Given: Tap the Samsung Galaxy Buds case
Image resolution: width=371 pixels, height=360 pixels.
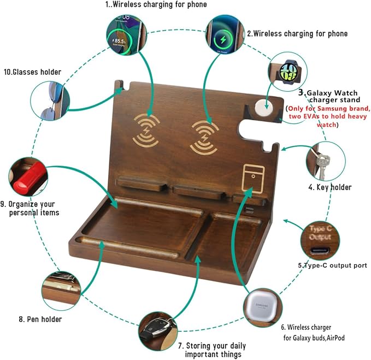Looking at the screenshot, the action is [x=262, y=306].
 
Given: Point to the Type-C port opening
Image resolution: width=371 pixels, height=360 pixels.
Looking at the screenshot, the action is [x=320, y=250].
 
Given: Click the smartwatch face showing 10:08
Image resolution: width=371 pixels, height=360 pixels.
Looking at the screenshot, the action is [x=288, y=72].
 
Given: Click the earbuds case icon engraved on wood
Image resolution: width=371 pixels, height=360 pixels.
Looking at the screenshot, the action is [x=253, y=178].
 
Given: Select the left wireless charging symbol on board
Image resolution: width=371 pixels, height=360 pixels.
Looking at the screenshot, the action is [x=146, y=131].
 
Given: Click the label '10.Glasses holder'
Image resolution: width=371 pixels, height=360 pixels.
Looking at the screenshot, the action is [x=32, y=72].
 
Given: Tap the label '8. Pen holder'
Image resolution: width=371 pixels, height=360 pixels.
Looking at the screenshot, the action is [x=40, y=319].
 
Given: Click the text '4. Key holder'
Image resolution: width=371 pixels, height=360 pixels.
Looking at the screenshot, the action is [x=330, y=187].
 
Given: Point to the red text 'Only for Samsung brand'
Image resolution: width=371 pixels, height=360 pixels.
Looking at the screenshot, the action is [x=329, y=109].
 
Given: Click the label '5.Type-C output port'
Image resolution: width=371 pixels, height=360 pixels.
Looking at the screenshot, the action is [x=332, y=265].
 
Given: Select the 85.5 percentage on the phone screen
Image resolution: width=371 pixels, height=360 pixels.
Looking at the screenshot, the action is [x=119, y=41].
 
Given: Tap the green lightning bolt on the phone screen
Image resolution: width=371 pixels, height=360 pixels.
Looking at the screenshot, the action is [x=223, y=39].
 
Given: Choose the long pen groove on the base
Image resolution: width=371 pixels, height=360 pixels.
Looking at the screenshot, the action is [x=128, y=246].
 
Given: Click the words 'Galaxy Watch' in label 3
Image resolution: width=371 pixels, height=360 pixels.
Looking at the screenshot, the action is [x=332, y=93].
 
